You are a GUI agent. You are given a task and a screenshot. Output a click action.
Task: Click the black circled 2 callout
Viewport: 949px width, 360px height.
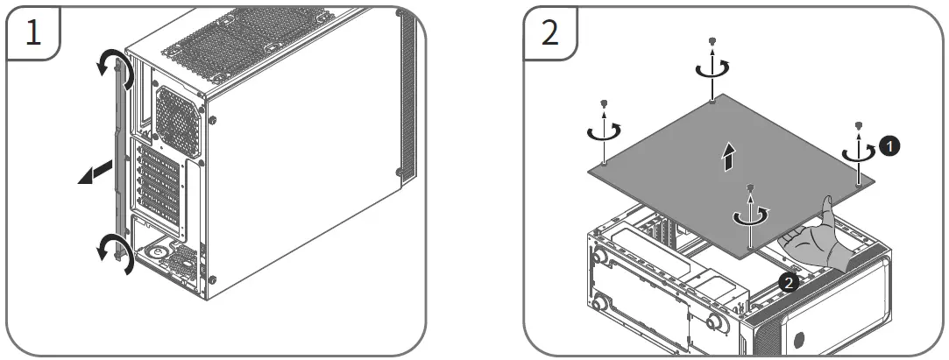788,282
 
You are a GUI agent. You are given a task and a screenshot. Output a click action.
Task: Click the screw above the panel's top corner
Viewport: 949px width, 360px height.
714,41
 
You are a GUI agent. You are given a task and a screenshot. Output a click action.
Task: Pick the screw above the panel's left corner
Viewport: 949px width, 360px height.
604,104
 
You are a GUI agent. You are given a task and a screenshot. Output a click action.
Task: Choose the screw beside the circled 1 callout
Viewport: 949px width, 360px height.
859,124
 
